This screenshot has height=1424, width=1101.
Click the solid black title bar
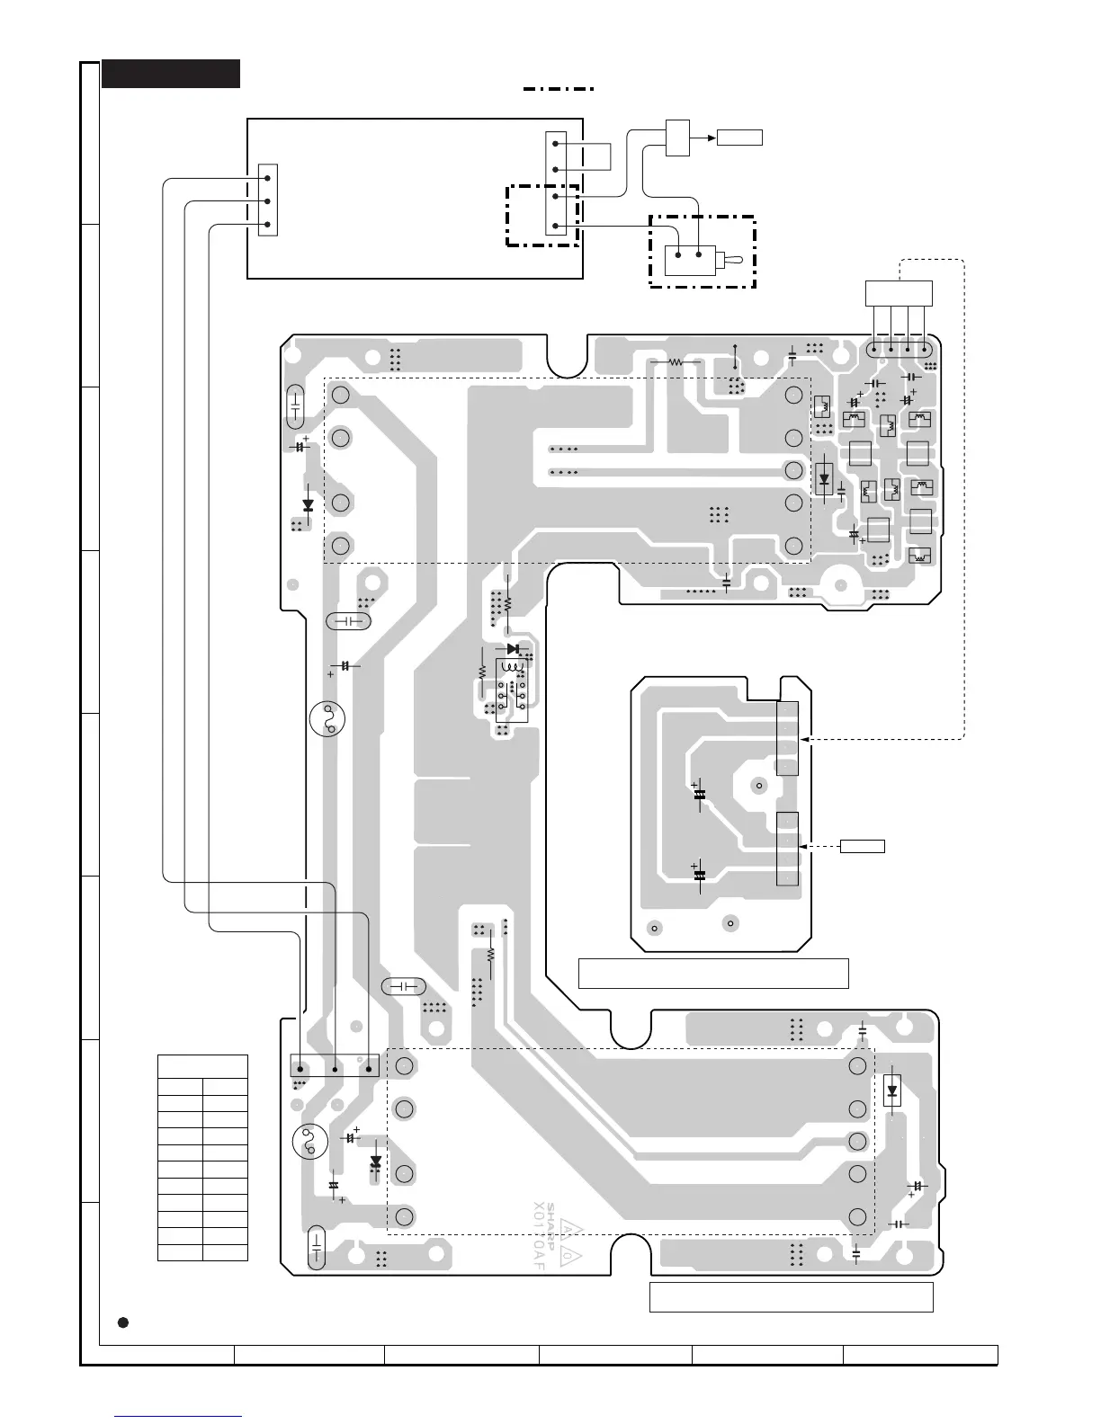[x=171, y=74]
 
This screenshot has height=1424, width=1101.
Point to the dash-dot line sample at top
[x=559, y=89]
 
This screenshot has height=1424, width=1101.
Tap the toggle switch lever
[x=733, y=262]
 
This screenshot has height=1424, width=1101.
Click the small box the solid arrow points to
[x=739, y=138]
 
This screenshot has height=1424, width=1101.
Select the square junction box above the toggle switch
[x=677, y=137]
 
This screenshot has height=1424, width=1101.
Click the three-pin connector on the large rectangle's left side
[x=268, y=200]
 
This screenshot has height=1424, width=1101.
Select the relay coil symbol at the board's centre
[x=514, y=668]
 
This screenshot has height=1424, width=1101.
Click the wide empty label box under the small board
[x=713, y=974]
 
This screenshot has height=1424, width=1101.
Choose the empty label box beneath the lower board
[x=791, y=1297]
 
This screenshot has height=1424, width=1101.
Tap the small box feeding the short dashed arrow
[x=863, y=846]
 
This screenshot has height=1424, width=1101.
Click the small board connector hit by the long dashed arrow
[x=787, y=739]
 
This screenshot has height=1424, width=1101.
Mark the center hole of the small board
[x=759, y=786]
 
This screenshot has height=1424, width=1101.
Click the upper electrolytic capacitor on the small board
[x=699, y=794]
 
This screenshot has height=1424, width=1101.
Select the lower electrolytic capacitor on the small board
[x=699, y=874]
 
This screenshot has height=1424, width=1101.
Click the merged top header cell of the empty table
[x=202, y=1066]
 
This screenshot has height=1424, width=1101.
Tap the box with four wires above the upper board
[x=899, y=293]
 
